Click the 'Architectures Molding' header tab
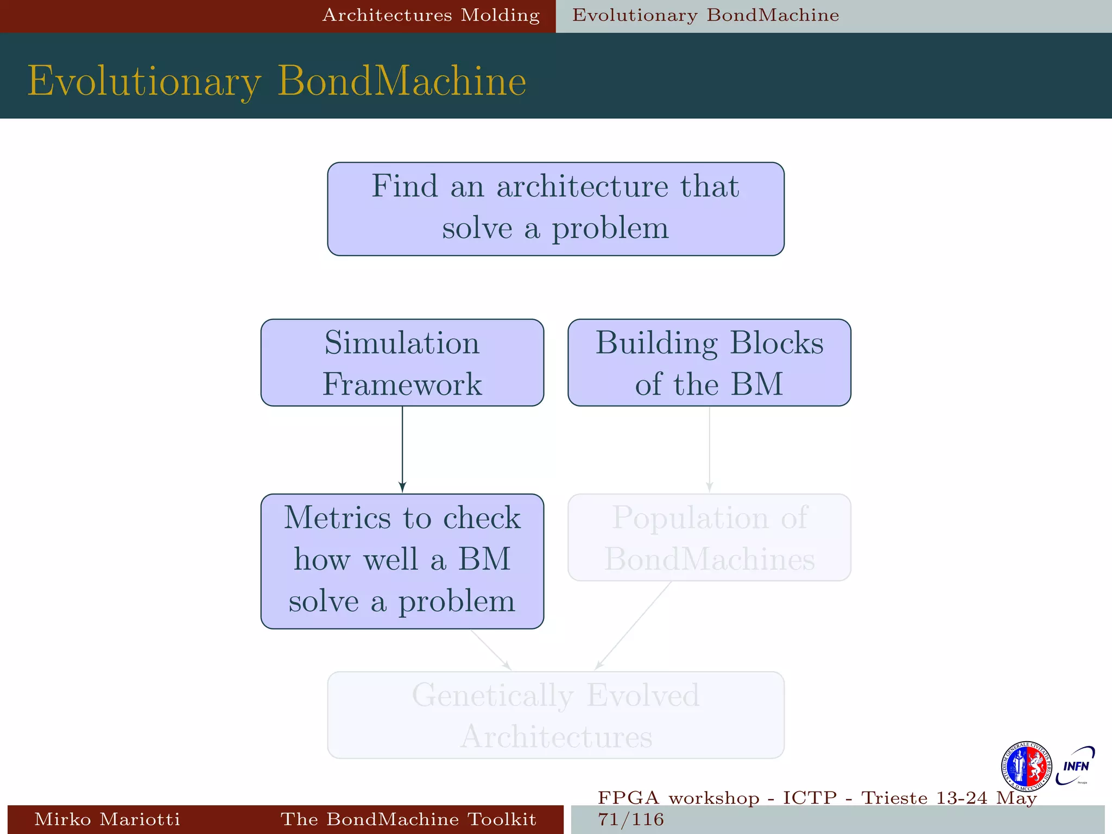coord(431,15)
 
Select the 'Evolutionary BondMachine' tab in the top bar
coord(705,15)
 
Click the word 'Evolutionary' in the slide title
coord(144,81)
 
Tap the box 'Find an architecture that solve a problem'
coord(555,208)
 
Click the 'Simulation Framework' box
coord(402,362)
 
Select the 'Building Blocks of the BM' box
coord(709,362)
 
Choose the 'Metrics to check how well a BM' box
coord(402,561)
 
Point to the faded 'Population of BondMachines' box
coord(709,537)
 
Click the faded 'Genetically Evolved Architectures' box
coord(555,715)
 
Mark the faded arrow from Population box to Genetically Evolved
coord(634,625)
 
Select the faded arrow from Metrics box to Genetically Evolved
coord(491,649)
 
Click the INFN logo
coord(1076,766)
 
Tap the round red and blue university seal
coord(1026,766)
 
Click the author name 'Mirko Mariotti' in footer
coord(107,819)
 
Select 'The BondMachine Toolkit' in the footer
coord(408,819)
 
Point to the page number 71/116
coord(630,819)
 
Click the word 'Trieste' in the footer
coord(894,798)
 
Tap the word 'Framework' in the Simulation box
coord(402,384)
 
